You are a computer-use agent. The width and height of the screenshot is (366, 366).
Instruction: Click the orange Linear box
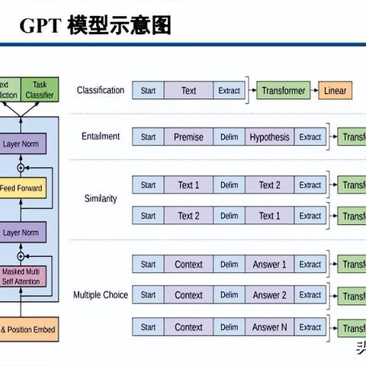[x=335, y=91]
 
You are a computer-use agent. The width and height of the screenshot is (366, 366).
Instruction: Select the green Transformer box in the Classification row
[x=284, y=91]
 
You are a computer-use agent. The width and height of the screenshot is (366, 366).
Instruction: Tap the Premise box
[x=188, y=137]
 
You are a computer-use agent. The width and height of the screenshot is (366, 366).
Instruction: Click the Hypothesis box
[x=269, y=137]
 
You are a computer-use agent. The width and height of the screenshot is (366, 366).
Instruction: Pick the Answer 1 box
[x=269, y=265]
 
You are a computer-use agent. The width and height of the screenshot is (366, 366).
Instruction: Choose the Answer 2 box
[x=269, y=295]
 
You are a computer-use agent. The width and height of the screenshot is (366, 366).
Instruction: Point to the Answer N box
[x=269, y=327]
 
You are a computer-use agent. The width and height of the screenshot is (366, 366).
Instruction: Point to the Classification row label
[x=100, y=91]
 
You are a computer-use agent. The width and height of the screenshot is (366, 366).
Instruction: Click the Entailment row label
[x=101, y=136]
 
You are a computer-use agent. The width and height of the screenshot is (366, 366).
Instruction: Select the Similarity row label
[x=101, y=199]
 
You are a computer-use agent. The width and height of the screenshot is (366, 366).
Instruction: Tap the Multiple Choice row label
[x=101, y=294]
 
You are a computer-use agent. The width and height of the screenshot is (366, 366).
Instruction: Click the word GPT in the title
[x=37, y=27]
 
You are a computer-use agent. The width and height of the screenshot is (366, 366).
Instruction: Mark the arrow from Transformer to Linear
[x=314, y=91]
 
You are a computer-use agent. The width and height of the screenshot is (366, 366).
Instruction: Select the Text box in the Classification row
[x=188, y=91]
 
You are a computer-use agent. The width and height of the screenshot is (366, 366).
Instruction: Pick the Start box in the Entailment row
[x=148, y=137]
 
